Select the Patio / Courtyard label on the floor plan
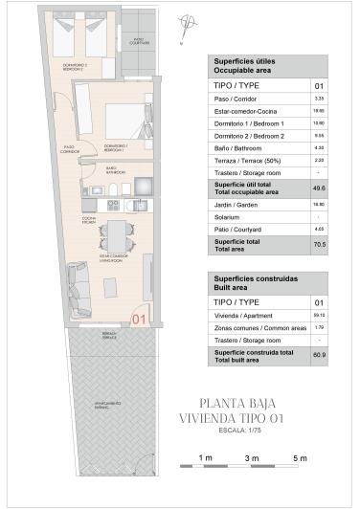(x=142, y=41)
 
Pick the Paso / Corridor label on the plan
(x=69, y=150)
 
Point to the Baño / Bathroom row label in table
(x=236, y=147)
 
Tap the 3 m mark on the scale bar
(x=252, y=459)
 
